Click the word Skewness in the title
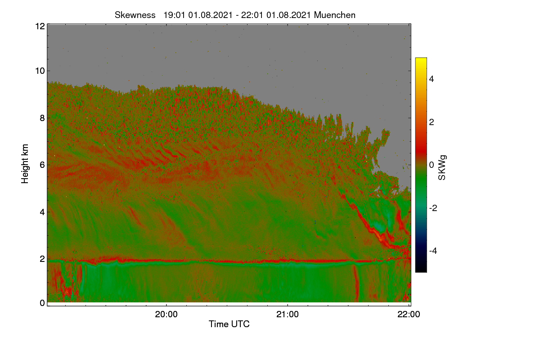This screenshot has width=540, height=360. [x=135, y=15]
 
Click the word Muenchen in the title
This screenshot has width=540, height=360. [x=335, y=15]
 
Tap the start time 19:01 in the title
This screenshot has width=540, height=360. [x=174, y=15]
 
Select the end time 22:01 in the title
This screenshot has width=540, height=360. [x=252, y=15]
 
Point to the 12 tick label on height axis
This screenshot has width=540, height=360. [x=40, y=26]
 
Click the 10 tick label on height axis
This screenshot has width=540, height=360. [x=40, y=71]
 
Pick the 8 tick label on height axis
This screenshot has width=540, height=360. [x=42, y=118]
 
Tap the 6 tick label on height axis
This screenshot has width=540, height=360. [x=42, y=165]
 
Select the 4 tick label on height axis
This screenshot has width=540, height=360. [x=42, y=212]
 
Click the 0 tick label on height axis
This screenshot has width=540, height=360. [x=42, y=303]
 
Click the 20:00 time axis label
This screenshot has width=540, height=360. [x=166, y=315]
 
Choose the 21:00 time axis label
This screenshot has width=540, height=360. [x=288, y=315]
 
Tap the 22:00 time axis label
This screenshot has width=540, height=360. [x=409, y=315]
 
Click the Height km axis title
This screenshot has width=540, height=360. [x=25, y=164]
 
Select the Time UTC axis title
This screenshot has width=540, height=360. [x=229, y=324]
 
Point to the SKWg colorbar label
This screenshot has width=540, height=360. [x=442, y=168]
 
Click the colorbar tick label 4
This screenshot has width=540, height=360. [x=432, y=79]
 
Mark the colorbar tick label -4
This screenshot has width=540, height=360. [x=433, y=251]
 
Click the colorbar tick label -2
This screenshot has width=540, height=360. [x=433, y=208]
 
